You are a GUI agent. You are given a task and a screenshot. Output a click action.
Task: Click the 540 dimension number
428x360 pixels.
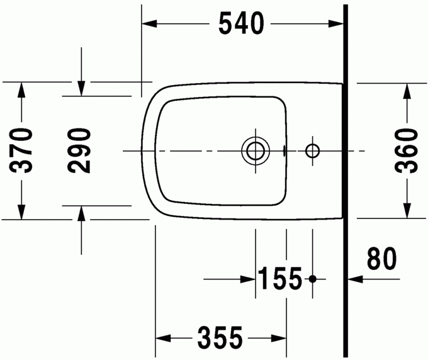pos(240,24)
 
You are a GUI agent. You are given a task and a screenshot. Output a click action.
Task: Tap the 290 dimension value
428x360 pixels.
pos(80,151)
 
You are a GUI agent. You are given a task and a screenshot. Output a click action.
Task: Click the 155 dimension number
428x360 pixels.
pos(281,278)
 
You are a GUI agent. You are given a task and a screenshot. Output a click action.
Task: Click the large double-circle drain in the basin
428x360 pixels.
pos(256,151)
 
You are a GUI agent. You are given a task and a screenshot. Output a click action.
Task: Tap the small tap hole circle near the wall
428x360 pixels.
pos(312,151)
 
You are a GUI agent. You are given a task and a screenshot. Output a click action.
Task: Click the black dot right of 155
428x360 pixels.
pos(313,278)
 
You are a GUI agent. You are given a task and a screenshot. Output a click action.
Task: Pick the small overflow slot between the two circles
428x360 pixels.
pos(285,151)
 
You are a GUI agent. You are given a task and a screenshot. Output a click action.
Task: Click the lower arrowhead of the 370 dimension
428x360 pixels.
pos(22,212)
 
